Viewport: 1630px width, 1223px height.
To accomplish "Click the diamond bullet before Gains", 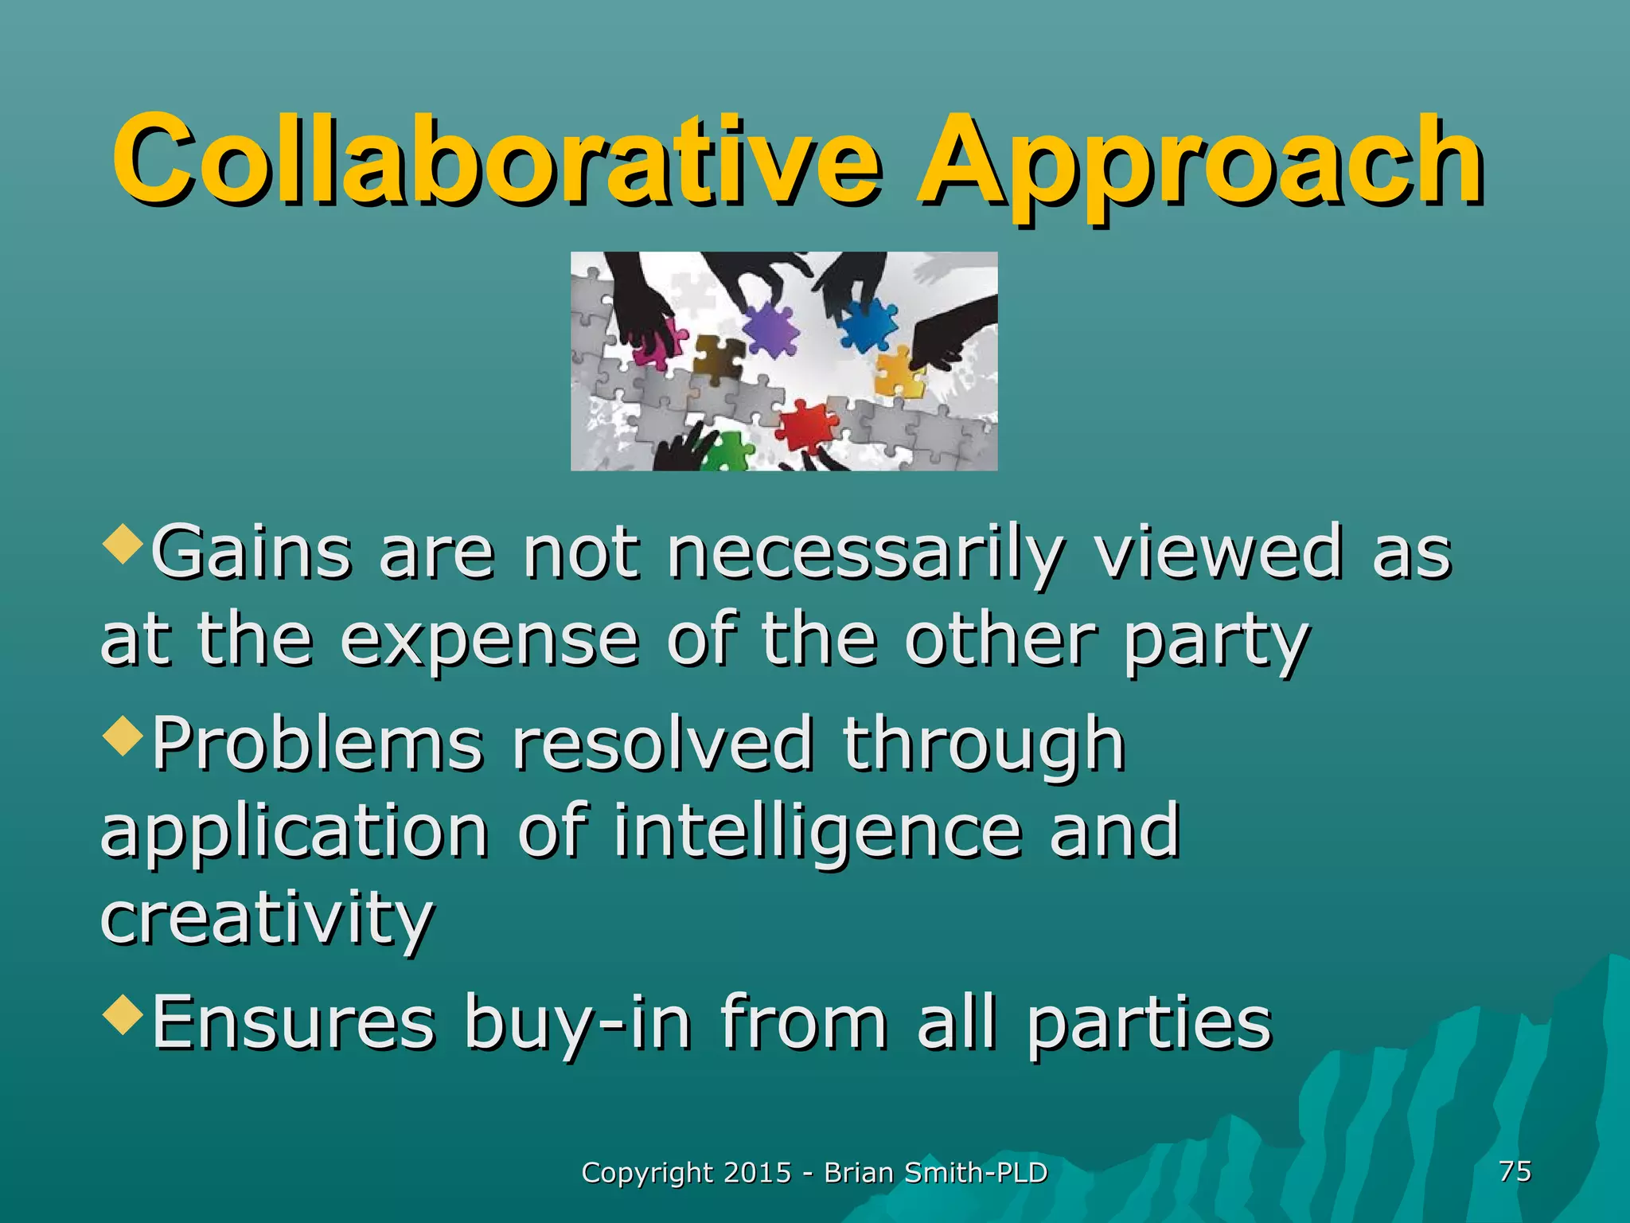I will tap(123, 545).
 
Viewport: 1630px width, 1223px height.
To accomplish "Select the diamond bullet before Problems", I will tap(123, 737).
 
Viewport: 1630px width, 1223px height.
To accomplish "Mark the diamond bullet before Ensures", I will tap(123, 1015).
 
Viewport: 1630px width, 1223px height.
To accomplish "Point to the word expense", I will tap(489, 641).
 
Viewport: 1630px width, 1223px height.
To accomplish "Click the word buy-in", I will tap(578, 1023).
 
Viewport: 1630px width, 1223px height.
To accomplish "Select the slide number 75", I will tap(1515, 1171).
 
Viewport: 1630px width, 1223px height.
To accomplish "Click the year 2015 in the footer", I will tap(758, 1173).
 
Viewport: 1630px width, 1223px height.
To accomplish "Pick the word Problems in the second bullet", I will tap(318, 744).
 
